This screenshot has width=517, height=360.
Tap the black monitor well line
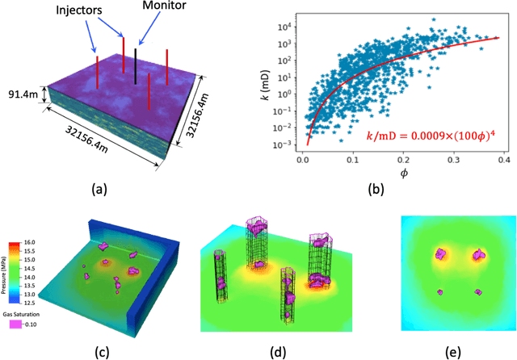pos(136,65)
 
